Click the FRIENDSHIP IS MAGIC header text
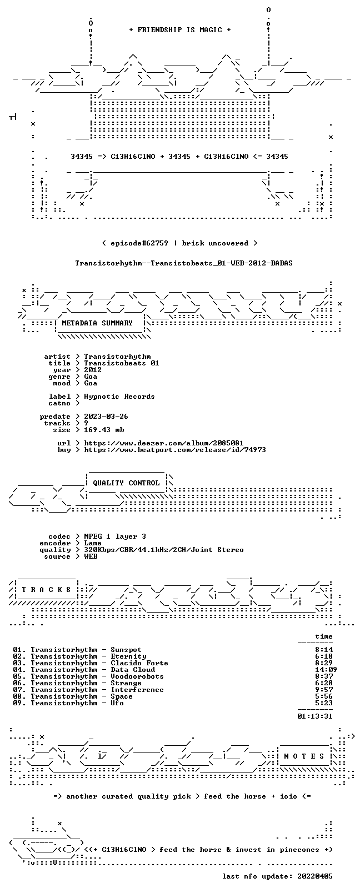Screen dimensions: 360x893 click(180, 30)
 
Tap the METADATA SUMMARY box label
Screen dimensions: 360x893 click(97, 323)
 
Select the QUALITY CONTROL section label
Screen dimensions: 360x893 click(126, 483)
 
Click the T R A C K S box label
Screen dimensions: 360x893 click(46, 590)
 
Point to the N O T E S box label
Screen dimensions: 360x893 click(304, 756)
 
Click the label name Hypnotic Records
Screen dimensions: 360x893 click(119, 397)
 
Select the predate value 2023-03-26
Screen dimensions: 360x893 click(106, 417)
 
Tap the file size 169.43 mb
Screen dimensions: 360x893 click(104, 430)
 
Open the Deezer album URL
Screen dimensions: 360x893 click(164, 443)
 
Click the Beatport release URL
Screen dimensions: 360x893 click(175, 450)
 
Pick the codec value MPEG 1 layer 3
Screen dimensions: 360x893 click(115, 536)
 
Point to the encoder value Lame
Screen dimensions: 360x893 click(93, 543)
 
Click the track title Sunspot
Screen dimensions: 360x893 click(126, 650)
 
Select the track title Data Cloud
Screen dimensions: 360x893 click(133, 670)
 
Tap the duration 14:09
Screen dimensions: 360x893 click(326, 670)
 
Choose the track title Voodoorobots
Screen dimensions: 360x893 click(137, 676)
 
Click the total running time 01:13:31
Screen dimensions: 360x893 click(315, 716)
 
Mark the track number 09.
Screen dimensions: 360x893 click(17, 703)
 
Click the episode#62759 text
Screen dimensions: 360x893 click(139, 243)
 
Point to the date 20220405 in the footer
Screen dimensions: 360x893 click(315, 876)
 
